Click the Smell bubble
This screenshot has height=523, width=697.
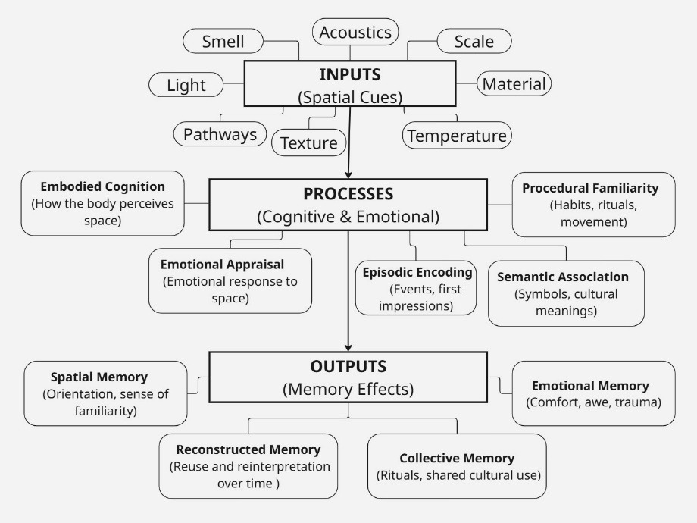(223, 42)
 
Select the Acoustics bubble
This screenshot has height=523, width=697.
(355, 32)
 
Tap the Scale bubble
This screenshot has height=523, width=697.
(474, 42)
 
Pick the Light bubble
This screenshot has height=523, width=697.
(186, 85)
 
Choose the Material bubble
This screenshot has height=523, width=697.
(514, 83)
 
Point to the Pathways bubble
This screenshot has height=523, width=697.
(220, 135)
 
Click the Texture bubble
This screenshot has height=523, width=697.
(308, 142)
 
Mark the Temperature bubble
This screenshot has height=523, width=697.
(457, 136)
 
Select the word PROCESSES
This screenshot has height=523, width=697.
(348, 193)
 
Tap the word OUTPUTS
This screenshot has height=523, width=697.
(348, 366)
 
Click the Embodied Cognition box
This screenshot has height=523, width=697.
(103, 203)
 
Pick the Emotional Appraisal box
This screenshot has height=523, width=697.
(230, 280)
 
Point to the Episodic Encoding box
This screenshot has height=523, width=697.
(416, 289)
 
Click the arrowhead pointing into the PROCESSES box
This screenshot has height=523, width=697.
(348, 174)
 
